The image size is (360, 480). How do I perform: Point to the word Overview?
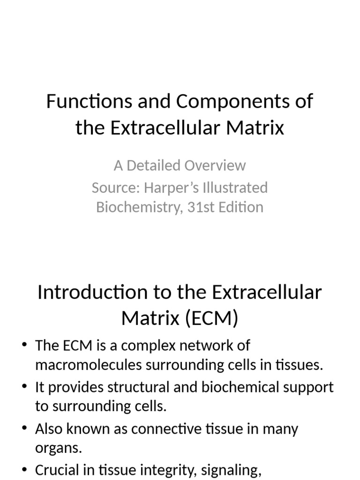point(215,165)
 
